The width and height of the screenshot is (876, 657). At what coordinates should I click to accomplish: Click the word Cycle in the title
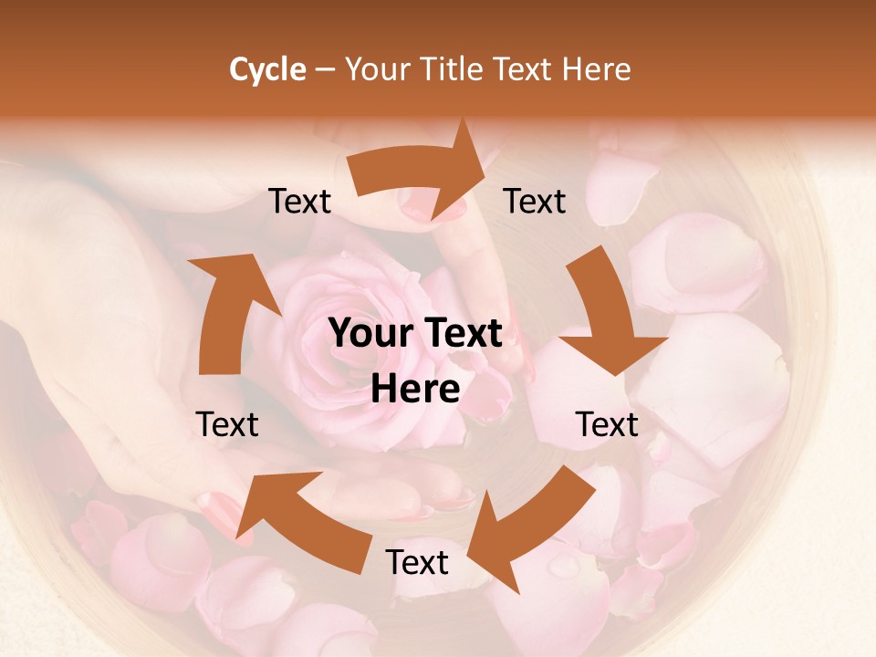click(267, 69)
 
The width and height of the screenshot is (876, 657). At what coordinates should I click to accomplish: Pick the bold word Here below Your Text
click(415, 390)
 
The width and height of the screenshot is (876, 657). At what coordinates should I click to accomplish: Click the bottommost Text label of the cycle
click(417, 562)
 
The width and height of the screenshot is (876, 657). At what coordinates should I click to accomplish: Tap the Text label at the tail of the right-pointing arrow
click(300, 202)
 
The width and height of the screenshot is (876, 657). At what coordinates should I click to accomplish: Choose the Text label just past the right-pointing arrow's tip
click(535, 202)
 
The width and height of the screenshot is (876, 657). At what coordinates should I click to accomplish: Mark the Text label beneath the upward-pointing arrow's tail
click(227, 424)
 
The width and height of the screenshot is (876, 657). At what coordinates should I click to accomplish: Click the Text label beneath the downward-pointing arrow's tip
click(607, 424)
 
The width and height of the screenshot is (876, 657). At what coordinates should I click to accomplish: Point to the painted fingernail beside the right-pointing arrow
click(427, 206)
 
